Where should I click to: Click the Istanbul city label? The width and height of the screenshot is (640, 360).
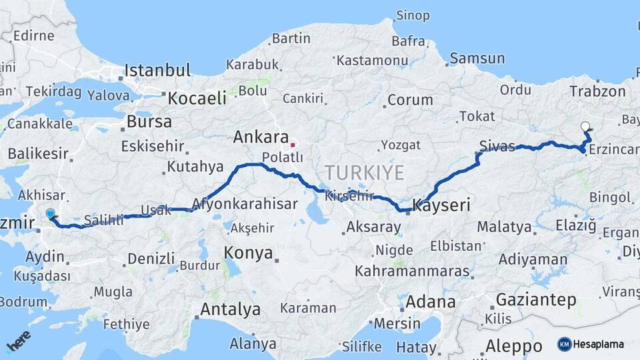157,70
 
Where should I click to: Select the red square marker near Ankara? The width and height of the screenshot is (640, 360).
292,144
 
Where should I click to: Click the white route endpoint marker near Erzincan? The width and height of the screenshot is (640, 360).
585,126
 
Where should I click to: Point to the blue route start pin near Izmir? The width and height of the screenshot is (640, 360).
51,213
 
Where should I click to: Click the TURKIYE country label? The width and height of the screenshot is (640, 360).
365,173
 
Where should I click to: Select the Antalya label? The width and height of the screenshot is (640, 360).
230,309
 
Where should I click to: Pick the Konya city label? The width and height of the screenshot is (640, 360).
248,253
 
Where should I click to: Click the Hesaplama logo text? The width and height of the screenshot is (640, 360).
599,345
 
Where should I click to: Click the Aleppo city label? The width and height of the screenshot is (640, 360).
513,347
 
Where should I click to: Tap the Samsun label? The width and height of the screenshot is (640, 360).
477,59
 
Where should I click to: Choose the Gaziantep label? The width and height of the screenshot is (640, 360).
536,300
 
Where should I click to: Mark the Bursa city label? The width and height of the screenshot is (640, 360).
149,122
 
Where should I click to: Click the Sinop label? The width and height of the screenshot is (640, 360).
413,15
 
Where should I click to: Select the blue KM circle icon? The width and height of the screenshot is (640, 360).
565,345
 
